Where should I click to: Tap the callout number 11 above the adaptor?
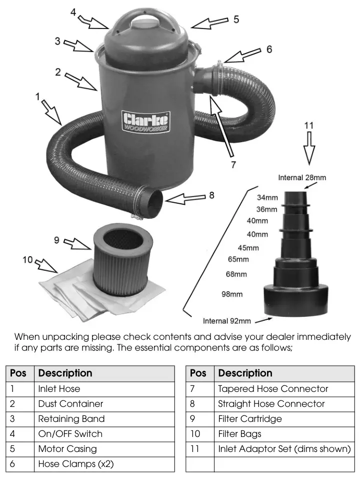308,126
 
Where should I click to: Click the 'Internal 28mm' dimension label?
302,178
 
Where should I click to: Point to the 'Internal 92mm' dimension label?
226,321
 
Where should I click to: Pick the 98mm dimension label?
232,294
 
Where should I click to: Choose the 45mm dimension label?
248,248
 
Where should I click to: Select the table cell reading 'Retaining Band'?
71,419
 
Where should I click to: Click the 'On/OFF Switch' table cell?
70,434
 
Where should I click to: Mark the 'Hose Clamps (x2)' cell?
76,464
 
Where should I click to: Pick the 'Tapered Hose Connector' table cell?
273,389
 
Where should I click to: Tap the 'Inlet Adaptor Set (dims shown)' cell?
284,449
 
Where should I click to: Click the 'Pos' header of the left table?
18,373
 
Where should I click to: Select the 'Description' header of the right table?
245,373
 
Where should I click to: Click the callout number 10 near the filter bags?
27,260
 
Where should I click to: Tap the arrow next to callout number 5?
209,23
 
